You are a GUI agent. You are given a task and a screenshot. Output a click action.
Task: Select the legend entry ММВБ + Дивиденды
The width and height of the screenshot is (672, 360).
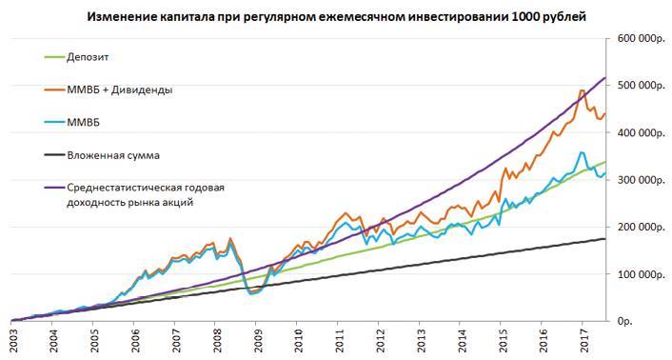(119, 90)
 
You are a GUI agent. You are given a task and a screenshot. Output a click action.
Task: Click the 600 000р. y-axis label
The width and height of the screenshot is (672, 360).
(638, 39)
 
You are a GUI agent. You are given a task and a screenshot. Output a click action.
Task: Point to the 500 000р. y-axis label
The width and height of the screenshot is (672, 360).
(638, 86)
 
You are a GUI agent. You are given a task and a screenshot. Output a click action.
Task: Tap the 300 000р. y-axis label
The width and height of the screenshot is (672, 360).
(638, 180)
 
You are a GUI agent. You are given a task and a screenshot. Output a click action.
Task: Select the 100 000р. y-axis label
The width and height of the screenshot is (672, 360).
(638, 274)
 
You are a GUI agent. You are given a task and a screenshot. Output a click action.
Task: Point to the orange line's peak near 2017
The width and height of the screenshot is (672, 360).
(582, 90)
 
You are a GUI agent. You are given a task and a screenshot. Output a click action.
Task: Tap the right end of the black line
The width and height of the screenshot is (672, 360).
(606, 238)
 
